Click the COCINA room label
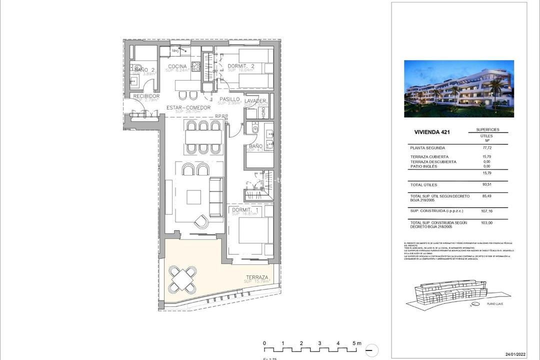coord(177,66)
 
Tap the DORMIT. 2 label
coord(241,66)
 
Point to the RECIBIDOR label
coord(146,96)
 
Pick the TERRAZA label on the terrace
coord(257,277)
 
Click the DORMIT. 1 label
coord(244,210)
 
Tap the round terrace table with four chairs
coord(182,279)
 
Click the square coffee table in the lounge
coord(194,197)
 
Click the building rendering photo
coord(458,88)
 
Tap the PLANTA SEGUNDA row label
coord(427,148)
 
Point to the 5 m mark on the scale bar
coord(356,343)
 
